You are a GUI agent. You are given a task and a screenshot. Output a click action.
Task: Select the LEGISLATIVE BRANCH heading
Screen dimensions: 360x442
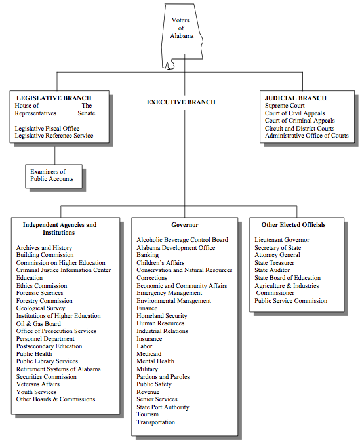coord(54,98)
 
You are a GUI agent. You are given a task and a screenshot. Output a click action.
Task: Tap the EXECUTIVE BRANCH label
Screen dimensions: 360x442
coord(181,102)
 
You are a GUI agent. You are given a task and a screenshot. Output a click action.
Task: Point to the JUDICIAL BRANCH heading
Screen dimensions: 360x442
coord(296,98)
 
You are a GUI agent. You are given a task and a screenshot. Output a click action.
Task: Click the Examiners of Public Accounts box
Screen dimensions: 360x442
coord(54,176)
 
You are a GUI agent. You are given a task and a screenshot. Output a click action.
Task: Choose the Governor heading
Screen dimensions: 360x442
coord(185,225)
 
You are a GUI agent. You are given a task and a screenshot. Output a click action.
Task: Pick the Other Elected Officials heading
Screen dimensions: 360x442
coord(293,225)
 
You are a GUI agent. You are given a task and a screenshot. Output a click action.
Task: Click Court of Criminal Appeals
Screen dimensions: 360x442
coord(300,121)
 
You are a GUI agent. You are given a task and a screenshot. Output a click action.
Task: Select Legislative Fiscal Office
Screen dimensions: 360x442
coord(47,129)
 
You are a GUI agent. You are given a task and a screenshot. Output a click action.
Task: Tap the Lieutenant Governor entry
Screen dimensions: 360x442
coord(282,240)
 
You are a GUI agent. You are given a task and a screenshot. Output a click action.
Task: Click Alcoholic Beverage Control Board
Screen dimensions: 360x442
coord(182,240)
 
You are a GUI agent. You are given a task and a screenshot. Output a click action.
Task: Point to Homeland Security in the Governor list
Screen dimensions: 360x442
coord(162,315)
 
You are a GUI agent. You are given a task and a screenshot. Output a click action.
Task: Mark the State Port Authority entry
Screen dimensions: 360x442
coord(163,407)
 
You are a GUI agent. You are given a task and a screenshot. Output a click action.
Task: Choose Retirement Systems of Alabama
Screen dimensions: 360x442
coord(58,369)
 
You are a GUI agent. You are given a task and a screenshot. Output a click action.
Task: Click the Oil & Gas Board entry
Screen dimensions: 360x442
coord(38,323)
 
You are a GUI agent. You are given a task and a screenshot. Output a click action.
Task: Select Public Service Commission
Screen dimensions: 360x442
coord(291,301)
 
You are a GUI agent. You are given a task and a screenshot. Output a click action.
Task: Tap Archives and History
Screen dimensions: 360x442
coord(44,247)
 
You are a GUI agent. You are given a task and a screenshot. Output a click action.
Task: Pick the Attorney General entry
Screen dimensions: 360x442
coord(277,255)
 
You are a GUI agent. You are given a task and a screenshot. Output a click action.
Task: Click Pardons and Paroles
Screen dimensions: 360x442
coord(163,376)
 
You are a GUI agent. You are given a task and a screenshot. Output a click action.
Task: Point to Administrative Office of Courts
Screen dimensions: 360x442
coord(307,136)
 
